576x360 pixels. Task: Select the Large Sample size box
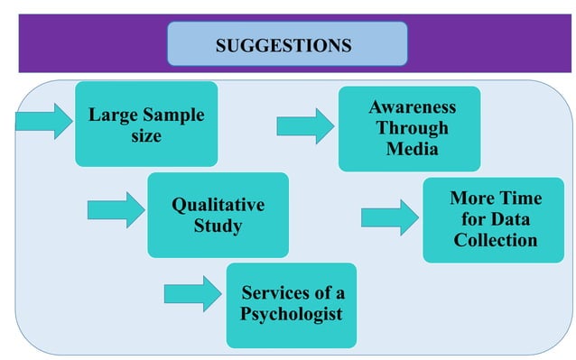(x=145, y=125)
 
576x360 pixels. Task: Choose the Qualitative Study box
(x=218, y=215)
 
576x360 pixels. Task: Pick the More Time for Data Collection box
(x=494, y=219)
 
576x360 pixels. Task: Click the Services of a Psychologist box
(x=291, y=304)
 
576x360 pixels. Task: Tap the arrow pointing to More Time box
(x=390, y=217)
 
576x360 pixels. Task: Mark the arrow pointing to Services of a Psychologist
(x=192, y=292)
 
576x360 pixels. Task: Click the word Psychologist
(x=291, y=315)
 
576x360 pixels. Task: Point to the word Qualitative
(x=218, y=205)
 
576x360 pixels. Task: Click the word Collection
(x=495, y=240)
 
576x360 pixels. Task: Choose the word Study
(x=218, y=226)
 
